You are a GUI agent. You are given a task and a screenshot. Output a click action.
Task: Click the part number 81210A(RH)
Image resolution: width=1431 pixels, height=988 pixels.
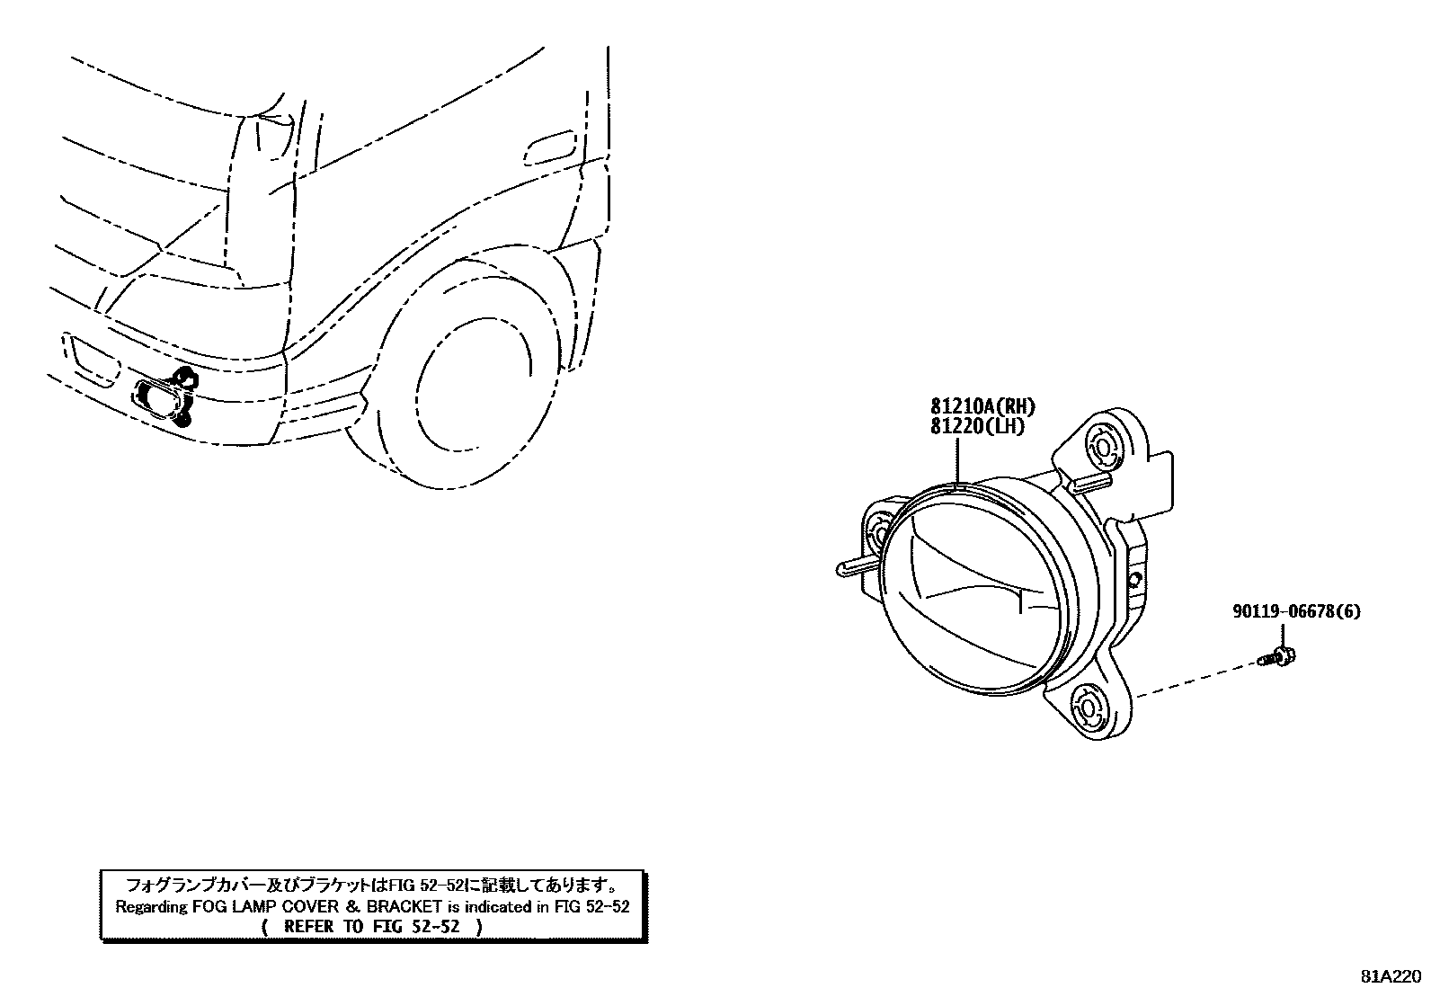pyautogui.click(x=983, y=407)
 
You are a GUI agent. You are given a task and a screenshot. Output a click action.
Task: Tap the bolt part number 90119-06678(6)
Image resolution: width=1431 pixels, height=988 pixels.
pyautogui.click(x=1295, y=612)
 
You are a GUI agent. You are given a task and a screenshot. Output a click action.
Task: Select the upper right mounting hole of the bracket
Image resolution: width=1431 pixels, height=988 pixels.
pyautogui.click(x=1102, y=443)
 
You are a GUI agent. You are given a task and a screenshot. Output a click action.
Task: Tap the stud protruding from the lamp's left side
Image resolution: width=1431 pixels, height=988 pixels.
pyautogui.click(x=854, y=567)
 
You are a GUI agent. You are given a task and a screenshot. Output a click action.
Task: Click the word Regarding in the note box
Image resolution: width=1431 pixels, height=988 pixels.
pyautogui.click(x=152, y=906)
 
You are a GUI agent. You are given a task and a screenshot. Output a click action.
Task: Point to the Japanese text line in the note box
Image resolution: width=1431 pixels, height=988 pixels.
pyautogui.click(x=371, y=885)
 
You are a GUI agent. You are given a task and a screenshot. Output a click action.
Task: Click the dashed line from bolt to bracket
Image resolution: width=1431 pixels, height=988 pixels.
pyautogui.click(x=1195, y=679)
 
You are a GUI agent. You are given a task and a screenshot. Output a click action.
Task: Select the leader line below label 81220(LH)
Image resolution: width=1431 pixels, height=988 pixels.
pyautogui.click(x=959, y=461)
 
